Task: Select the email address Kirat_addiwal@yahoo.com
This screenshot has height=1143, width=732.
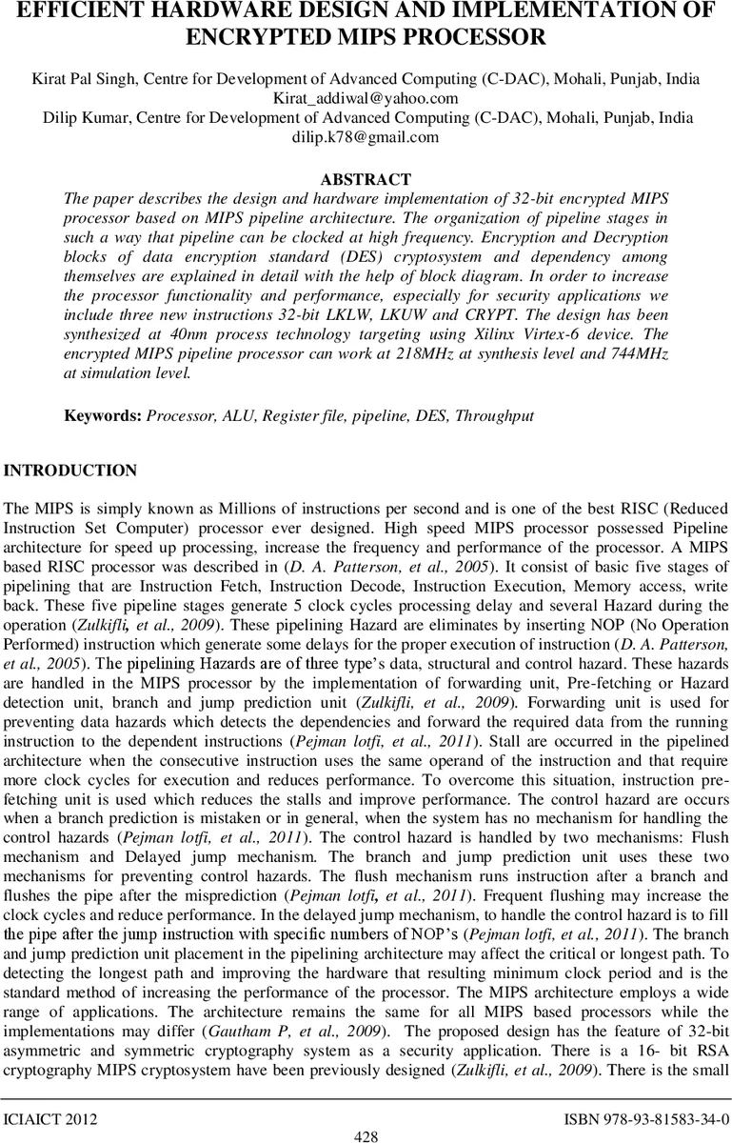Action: pyautogui.click(x=366, y=98)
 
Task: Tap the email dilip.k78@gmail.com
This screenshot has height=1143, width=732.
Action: pyautogui.click(x=366, y=136)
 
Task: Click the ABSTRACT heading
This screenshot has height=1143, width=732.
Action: pyautogui.click(x=366, y=179)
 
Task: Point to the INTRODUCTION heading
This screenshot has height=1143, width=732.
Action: pyautogui.click(x=70, y=471)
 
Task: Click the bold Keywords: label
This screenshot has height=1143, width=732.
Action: pyautogui.click(x=103, y=416)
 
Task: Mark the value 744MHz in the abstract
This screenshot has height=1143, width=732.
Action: pyautogui.click(x=640, y=353)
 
